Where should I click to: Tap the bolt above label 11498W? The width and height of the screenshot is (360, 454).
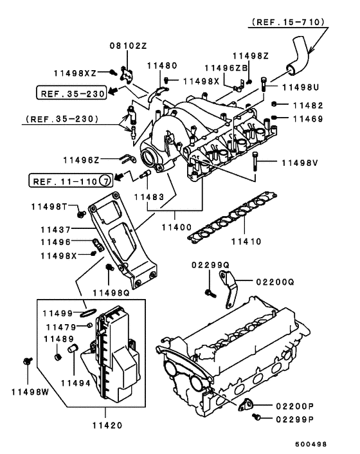(x=27, y=361)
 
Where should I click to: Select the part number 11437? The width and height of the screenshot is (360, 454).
(x=60, y=229)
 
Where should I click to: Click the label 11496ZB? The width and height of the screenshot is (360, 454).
(x=226, y=68)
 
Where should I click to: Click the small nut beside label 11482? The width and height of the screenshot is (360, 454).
(x=274, y=104)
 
